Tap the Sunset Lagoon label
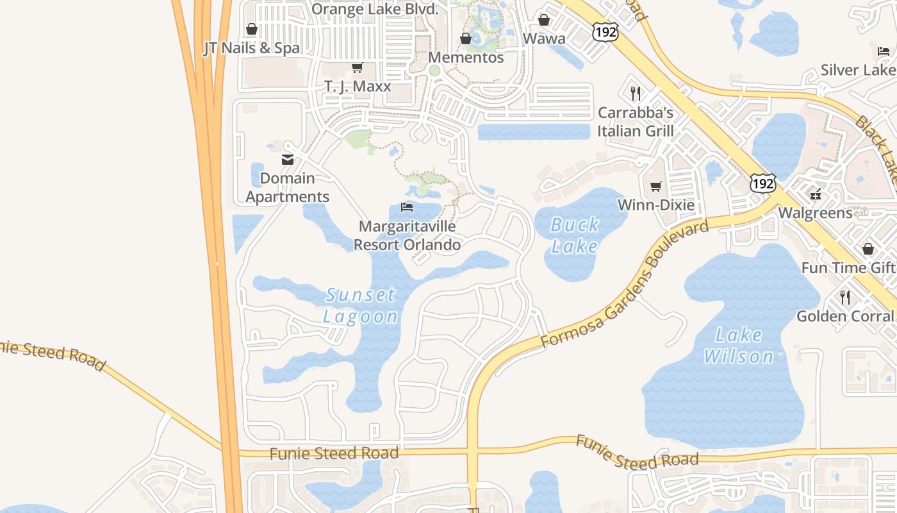pos(360,306)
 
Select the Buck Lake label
pos(575,235)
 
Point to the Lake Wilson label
pos(739,346)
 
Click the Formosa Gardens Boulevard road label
pos(625,284)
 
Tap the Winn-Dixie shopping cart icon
pos(655,187)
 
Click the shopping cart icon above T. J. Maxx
pos(358,68)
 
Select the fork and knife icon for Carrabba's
pos(636,94)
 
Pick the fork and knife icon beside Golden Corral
pos(845,297)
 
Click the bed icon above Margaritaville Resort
pos(406,207)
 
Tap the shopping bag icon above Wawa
pos(544,21)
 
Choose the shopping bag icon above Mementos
pos(466,39)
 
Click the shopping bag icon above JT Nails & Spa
pos(252,29)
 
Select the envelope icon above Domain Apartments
pos(288,160)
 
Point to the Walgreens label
pos(815,213)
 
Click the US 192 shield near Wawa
pos(605,31)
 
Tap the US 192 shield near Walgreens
pos(763,183)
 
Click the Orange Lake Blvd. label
pos(375,9)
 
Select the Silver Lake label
pos(859,70)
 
